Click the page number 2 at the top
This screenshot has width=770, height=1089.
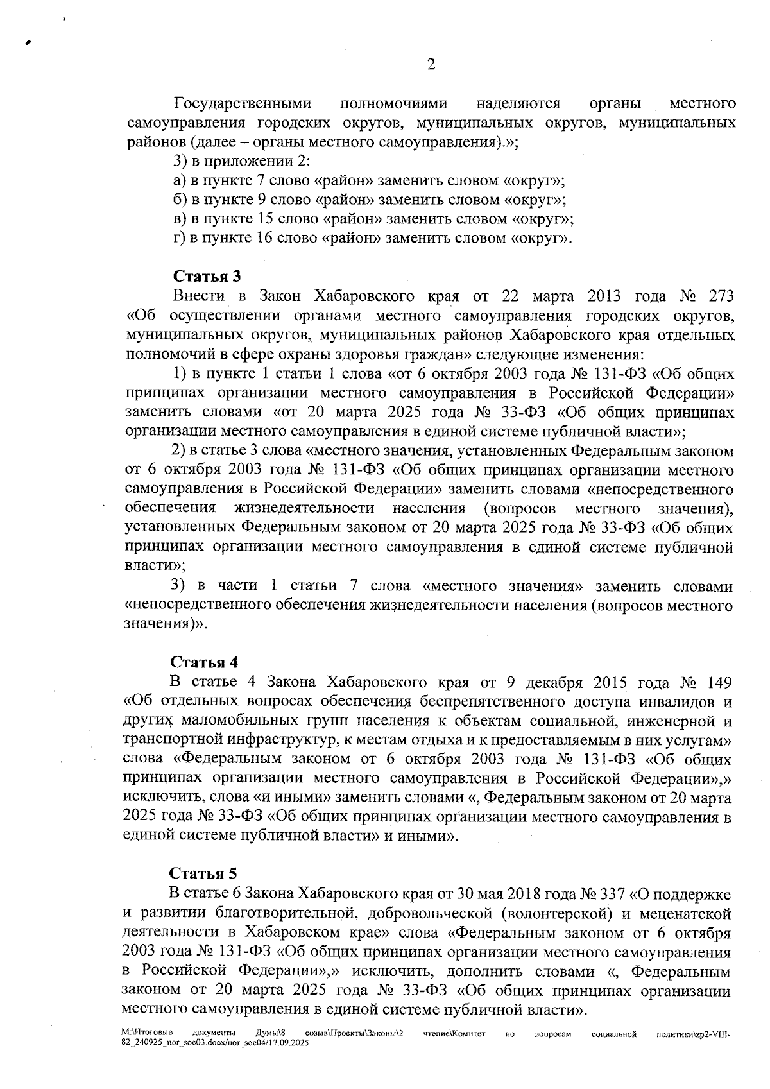(x=431, y=65)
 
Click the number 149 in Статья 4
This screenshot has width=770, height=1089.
(x=717, y=681)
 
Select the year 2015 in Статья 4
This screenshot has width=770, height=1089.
(x=606, y=681)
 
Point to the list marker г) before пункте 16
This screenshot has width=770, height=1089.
(x=180, y=239)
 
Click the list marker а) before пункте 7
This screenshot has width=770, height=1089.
(x=180, y=181)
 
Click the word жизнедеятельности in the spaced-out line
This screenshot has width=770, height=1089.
(x=304, y=508)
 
